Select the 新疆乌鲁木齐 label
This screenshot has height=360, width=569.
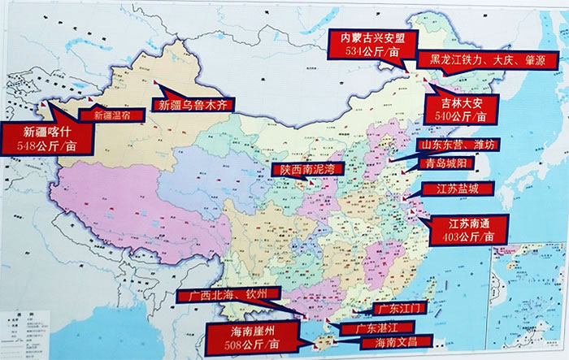point(195,104)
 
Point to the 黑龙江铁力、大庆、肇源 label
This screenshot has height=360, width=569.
point(481,59)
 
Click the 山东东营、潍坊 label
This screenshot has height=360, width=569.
point(454,145)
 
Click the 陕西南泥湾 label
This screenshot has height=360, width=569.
point(307,169)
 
